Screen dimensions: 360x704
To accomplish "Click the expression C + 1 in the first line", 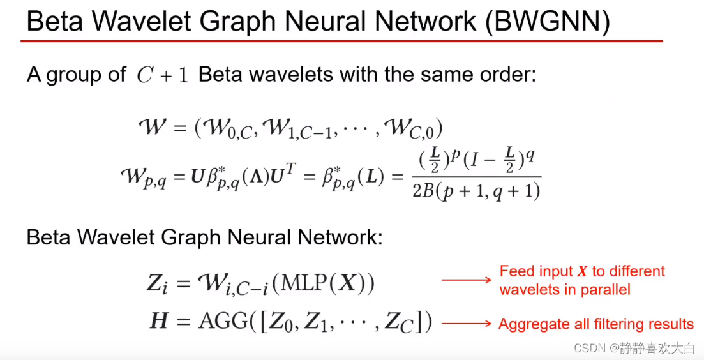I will [163, 75].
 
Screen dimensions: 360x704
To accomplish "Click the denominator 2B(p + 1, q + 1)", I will [476, 190].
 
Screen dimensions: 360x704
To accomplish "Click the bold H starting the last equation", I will [158, 322].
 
